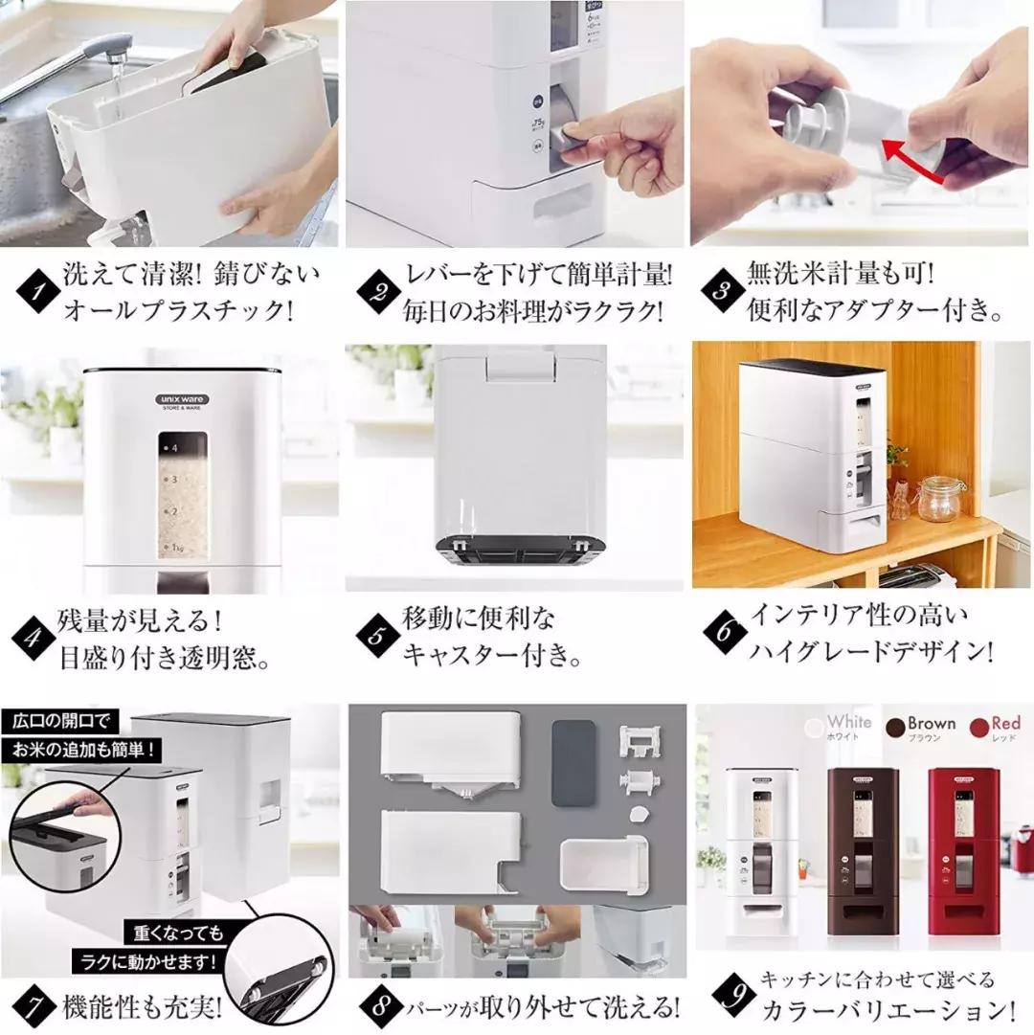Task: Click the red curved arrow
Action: (x=925, y=162)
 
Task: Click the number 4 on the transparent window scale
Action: (x=175, y=447)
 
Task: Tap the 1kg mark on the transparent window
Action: (x=178, y=547)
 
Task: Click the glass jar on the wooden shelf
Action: (x=941, y=498)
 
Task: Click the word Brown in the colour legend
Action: (x=931, y=723)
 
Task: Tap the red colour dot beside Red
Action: (x=978, y=728)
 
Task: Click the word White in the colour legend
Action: (x=849, y=721)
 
